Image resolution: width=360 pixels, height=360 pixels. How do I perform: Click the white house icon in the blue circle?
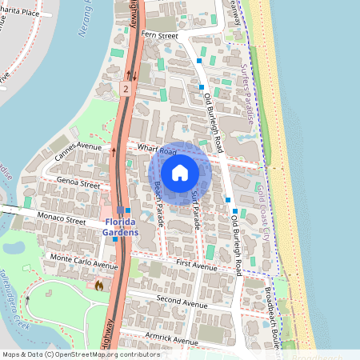(x=180, y=173)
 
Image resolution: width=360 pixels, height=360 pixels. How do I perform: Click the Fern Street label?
(x=159, y=36)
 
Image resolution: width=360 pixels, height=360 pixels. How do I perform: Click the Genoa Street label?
(x=78, y=185)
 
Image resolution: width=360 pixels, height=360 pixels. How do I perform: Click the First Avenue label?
(x=196, y=263)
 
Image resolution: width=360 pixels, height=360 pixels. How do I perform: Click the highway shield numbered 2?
(x=126, y=89)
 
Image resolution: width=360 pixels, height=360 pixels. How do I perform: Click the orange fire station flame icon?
(x=99, y=284)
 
